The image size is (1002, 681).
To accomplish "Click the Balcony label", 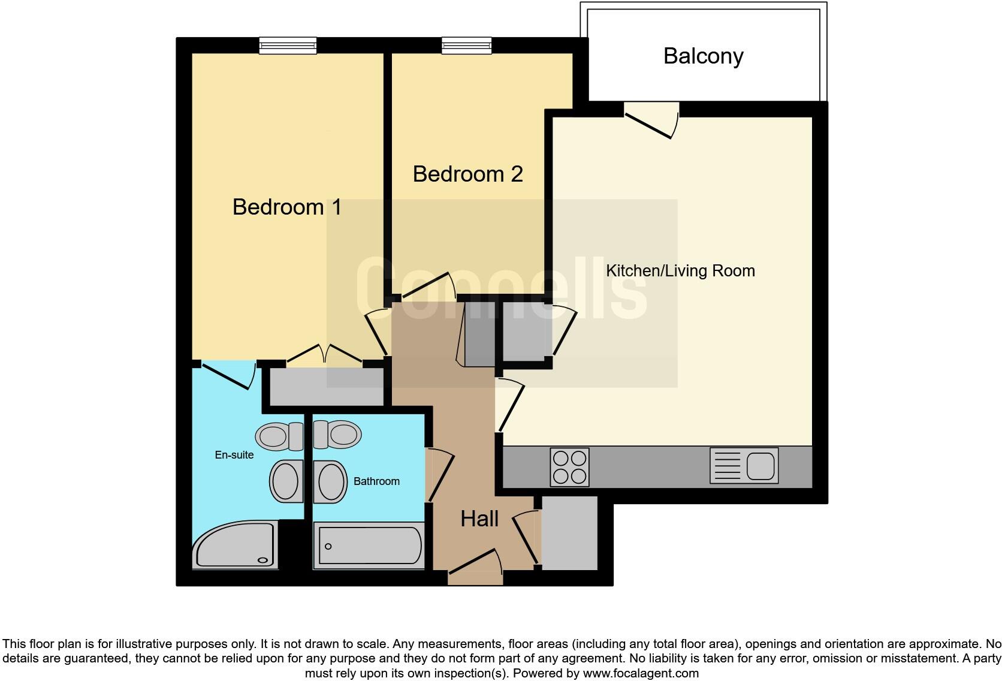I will click(703, 56).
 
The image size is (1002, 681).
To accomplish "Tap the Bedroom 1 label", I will click(286, 207).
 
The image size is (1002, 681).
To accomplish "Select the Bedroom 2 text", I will click(467, 174).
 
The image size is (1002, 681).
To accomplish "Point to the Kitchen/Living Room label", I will click(680, 271).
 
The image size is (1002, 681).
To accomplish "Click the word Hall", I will click(479, 519).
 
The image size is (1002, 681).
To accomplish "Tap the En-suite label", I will click(234, 455).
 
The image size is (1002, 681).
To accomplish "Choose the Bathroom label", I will click(376, 481).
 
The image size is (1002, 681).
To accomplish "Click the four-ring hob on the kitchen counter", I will click(569, 467).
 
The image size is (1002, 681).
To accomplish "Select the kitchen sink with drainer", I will click(744, 466).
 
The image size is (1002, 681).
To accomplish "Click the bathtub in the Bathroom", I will click(369, 546).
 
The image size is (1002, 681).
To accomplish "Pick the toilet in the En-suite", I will click(280, 436).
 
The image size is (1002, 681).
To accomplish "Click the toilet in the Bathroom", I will click(337, 435).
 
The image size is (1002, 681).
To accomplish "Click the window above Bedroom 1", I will click(288, 45).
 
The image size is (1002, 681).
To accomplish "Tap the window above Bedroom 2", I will click(467, 45).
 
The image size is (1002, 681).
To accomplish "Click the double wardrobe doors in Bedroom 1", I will click(324, 355).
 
